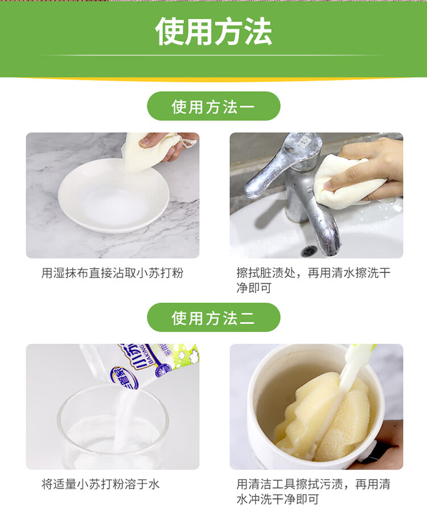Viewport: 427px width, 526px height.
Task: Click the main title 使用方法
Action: click(x=213, y=31)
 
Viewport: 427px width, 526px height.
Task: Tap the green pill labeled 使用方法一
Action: click(x=213, y=106)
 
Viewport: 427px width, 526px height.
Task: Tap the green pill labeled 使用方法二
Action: click(x=213, y=317)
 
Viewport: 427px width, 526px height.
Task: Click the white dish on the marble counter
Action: click(x=113, y=195)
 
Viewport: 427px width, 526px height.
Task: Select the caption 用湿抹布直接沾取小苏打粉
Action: click(x=112, y=273)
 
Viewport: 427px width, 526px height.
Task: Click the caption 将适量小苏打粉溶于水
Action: click(x=100, y=484)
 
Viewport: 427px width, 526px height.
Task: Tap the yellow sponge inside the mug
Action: click(x=322, y=416)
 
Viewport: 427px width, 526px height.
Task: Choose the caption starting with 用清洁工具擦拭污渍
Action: click(x=313, y=492)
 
